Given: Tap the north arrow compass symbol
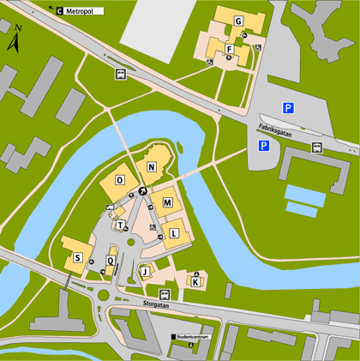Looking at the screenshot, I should [15, 40].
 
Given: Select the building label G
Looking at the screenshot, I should [237, 21].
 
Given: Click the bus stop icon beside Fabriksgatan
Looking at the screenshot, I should [317, 147].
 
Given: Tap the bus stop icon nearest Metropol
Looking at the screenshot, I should [121, 74].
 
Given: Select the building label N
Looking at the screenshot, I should [151, 167].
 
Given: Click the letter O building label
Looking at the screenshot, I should [119, 180].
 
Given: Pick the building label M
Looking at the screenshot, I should [168, 202].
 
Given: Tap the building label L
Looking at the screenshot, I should [174, 232].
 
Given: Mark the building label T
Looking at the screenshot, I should [122, 226].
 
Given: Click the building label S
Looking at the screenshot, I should [77, 257].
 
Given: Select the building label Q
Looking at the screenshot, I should [110, 260].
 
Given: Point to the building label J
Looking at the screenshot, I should [146, 273].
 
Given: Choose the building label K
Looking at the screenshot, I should [195, 281].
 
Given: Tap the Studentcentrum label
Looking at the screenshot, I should [194, 337].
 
